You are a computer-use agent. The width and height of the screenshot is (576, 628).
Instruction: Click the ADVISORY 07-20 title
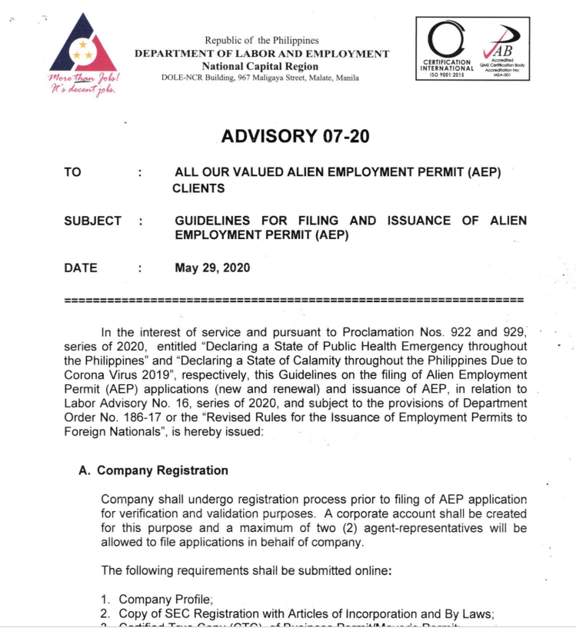(295, 137)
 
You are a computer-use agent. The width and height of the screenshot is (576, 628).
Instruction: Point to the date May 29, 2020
(212, 268)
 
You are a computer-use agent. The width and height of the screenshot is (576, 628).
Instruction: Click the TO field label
(73, 173)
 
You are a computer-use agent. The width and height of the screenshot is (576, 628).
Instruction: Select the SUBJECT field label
(93, 221)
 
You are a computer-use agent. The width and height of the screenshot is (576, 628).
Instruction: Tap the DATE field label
(81, 268)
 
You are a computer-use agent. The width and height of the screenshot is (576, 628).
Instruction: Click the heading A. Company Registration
(153, 470)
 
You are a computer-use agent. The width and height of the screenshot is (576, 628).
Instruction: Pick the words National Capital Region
(261, 66)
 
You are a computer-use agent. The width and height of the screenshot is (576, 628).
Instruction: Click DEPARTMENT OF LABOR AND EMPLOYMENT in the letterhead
(261, 54)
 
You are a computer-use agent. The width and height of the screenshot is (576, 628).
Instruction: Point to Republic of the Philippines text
(261, 41)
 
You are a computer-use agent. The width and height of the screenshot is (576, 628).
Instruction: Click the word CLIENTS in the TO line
(198, 188)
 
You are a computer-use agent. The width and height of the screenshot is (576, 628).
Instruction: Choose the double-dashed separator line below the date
(295, 298)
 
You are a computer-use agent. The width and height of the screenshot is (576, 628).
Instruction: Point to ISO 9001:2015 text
(446, 75)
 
